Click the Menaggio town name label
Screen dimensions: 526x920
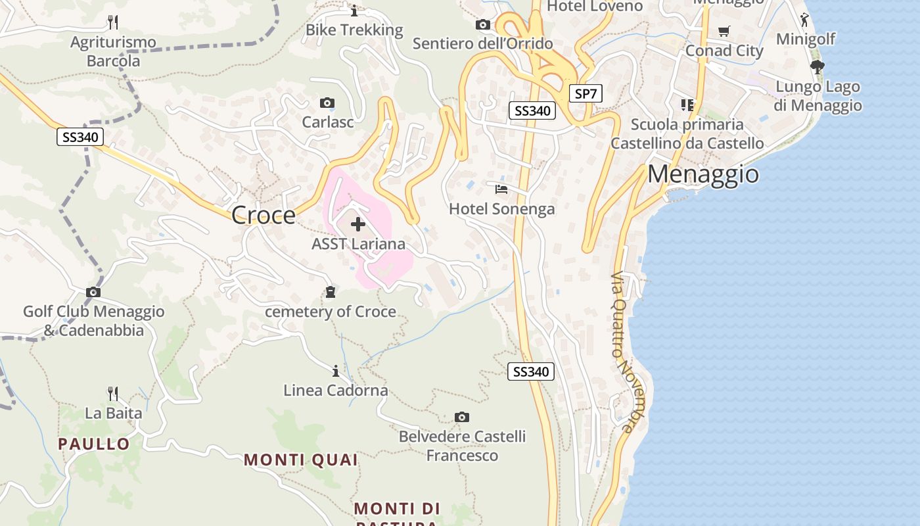(703, 174)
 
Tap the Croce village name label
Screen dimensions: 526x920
(264, 215)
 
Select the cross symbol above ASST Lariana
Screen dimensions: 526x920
(358, 225)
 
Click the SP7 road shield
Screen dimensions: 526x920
(586, 94)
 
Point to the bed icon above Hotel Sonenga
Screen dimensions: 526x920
(501, 189)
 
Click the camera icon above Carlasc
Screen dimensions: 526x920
(327, 103)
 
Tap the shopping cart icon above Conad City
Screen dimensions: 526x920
(724, 31)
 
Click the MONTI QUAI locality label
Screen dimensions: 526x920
(301, 460)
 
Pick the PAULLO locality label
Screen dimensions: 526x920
(94, 444)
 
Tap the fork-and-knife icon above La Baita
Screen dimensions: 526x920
(113, 394)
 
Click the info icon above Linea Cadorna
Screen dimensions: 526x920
(336, 371)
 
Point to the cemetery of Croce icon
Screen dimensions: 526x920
(331, 292)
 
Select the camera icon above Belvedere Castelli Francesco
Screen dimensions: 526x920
(462, 417)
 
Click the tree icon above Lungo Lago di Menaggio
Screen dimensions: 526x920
(817, 66)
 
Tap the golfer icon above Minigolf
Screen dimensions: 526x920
(805, 19)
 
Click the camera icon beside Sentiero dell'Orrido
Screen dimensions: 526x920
(483, 25)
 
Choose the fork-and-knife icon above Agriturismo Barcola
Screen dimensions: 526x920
(113, 22)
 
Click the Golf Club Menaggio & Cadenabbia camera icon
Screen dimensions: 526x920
(93, 292)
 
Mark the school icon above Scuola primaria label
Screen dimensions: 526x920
(687, 105)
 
